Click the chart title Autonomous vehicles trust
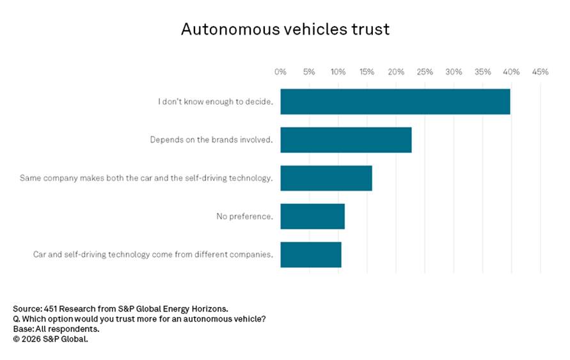(285, 29)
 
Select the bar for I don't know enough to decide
(395, 102)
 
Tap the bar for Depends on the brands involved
(346, 140)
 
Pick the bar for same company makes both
(326, 178)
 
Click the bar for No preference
(313, 216)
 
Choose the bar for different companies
(311, 254)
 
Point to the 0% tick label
(280, 72)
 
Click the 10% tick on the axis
(338, 72)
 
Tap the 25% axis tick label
(425, 72)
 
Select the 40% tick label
(511, 72)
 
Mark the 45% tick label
(540, 72)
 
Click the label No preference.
(245, 217)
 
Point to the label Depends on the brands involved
(212, 140)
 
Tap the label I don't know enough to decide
(216, 102)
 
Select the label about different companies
(153, 254)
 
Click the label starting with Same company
(146, 178)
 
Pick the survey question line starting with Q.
(139, 318)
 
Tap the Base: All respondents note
(56, 329)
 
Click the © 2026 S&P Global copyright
(51, 339)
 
